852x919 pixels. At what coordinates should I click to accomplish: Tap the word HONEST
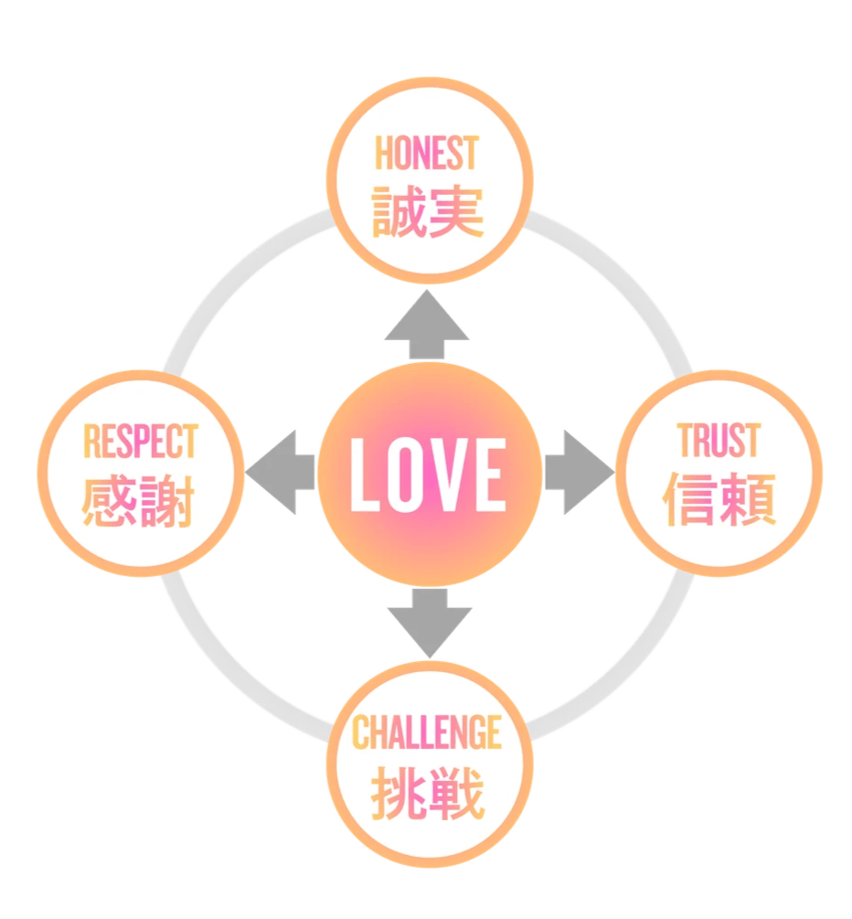coord(427,155)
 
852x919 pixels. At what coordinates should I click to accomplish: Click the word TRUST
coord(719,440)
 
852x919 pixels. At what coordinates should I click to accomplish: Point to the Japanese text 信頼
coord(719,498)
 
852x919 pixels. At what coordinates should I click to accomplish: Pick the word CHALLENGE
coord(428,732)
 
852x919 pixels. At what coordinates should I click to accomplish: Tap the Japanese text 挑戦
coord(428,793)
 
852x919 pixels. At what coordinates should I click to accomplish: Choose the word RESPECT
coord(140,441)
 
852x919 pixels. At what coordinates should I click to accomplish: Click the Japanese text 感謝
coord(138,499)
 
